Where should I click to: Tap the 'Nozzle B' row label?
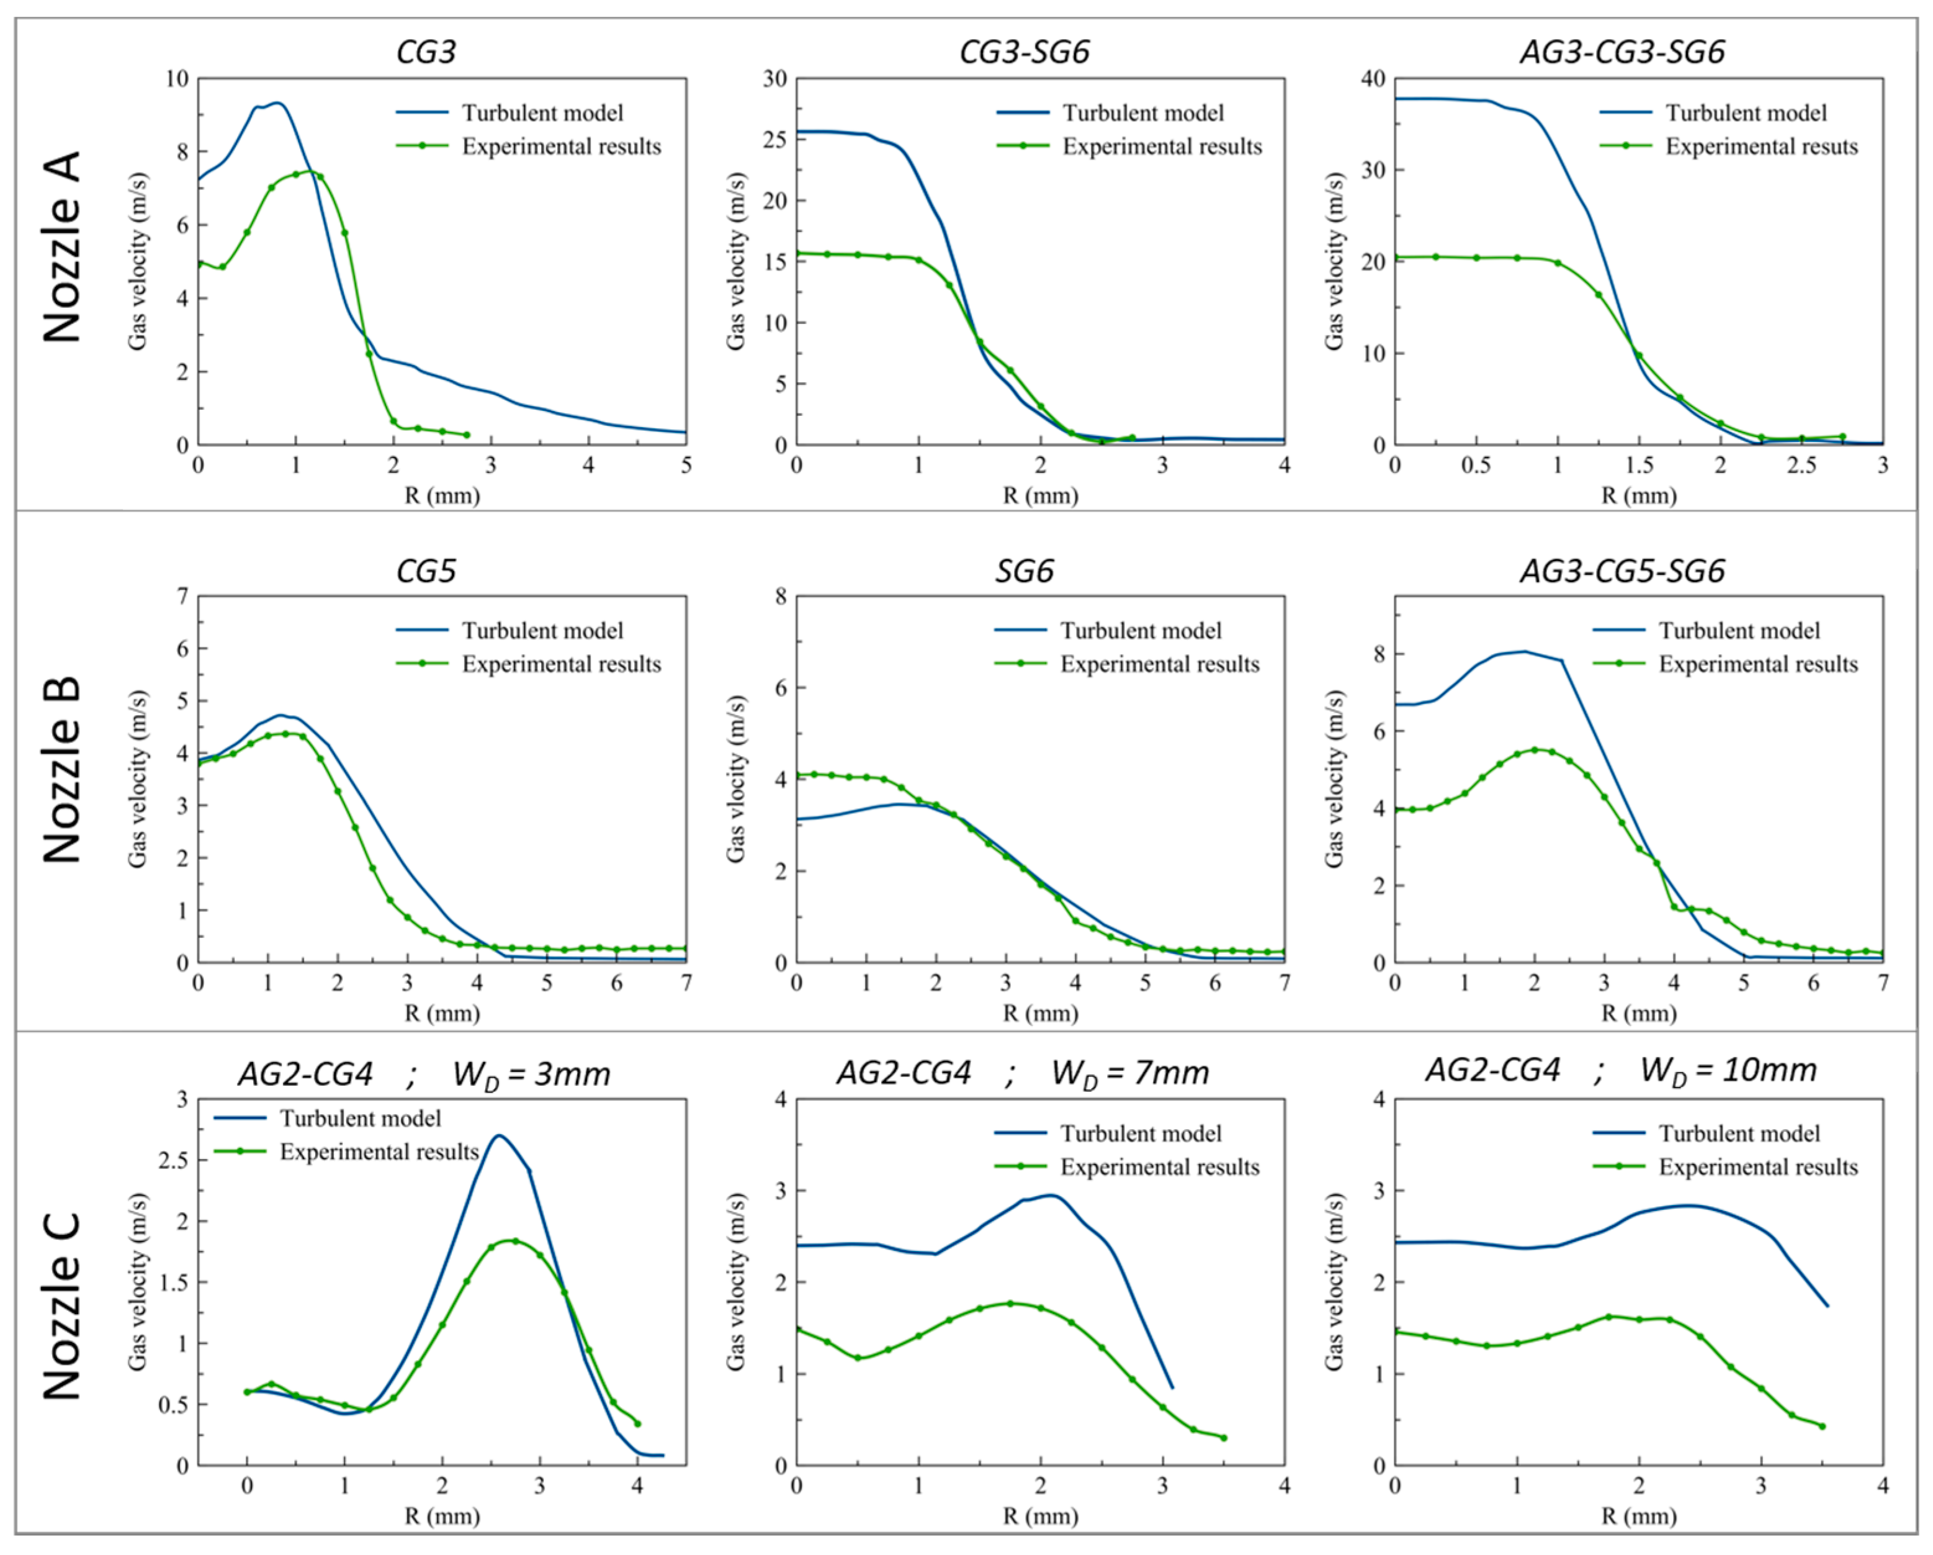pos(62,769)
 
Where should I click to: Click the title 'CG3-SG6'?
pos(1024,52)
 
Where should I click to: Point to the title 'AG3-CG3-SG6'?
pos(1622,52)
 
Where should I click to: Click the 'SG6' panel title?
pos(1024,571)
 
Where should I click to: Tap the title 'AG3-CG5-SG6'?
pos(1622,571)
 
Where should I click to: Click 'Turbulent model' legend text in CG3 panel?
pos(542,113)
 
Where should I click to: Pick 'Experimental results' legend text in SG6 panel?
pos(1160,664)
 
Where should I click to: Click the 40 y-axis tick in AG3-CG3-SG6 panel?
pos(1373,79)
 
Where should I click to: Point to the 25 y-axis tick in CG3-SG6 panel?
pos(774,140)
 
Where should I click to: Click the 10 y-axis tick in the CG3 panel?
pos(177,79)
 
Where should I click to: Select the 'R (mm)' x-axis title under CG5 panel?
pos(442,1013)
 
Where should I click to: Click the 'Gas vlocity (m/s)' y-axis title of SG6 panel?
pos(736,778)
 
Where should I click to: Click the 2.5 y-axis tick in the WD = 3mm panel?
pos(175,1160)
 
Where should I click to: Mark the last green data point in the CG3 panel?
pos(466,435)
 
